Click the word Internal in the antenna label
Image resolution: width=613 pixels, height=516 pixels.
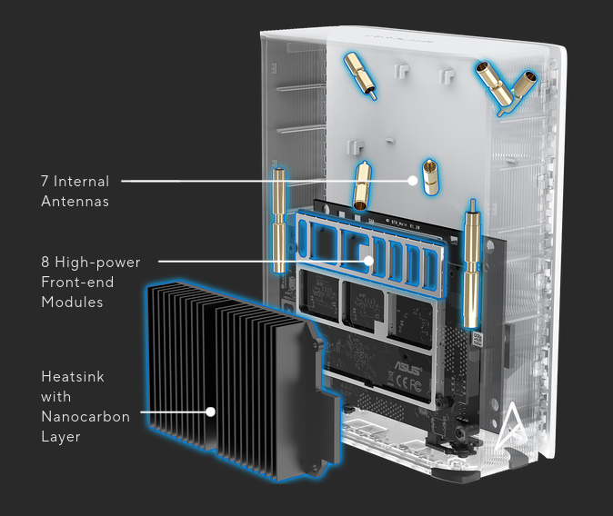pos(81,182)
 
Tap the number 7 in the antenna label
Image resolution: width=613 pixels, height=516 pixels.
pos(45,182)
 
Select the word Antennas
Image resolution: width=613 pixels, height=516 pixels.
pos(75,201)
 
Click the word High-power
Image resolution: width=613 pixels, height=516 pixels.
pos(97,263)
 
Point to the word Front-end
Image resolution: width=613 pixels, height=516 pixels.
pos(77,282)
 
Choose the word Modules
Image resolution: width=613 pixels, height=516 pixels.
pos(73,302)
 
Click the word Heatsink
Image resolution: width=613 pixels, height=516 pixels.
pos(73,376)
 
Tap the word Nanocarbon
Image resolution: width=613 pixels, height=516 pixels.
pos(85,416)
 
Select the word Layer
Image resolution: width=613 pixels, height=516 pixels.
pos(61,437)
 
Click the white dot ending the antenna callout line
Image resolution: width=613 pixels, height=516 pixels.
pos(412,181)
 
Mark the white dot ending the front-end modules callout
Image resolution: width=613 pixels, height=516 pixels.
pos(367,261)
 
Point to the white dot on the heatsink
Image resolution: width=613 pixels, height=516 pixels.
pos(211,412)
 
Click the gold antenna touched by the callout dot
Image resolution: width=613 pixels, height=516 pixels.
pos(429,177)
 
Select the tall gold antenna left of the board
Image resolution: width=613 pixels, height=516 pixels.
pos(279,221)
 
